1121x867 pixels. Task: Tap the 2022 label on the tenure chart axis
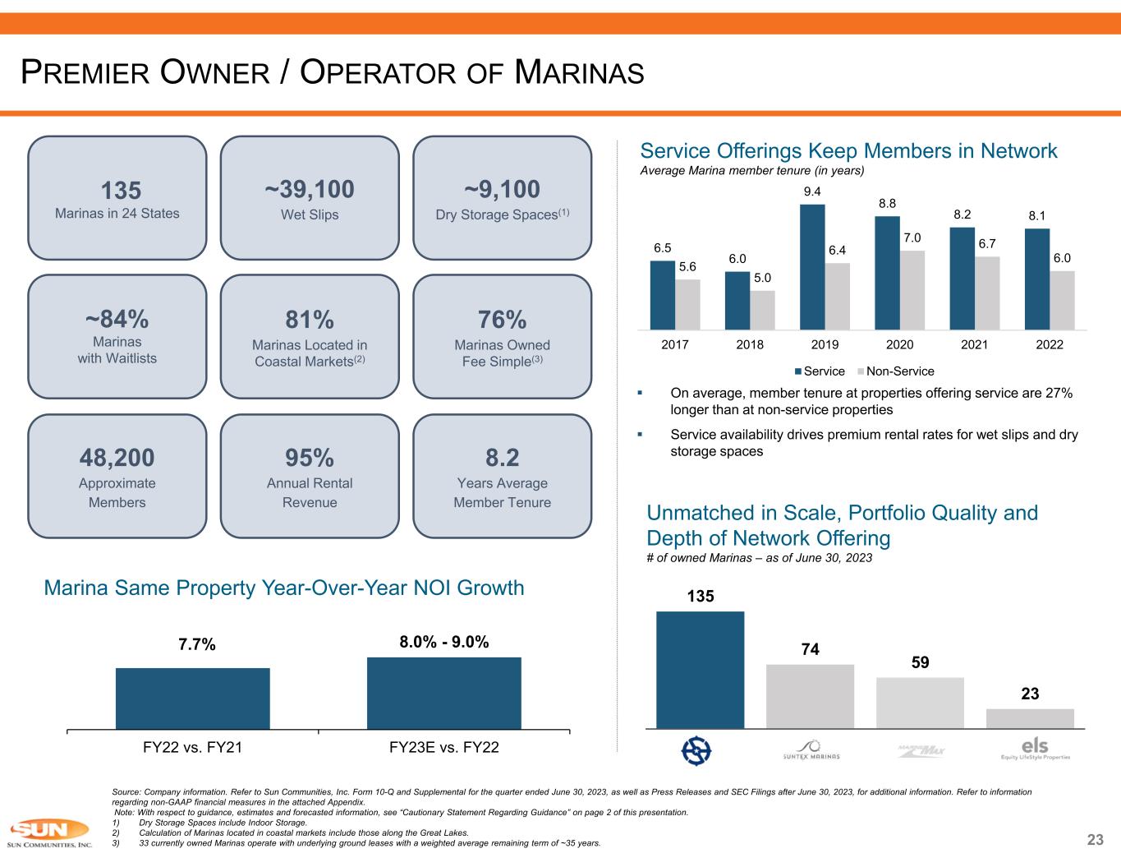point(1050,344)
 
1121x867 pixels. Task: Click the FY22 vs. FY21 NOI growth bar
point(192,698)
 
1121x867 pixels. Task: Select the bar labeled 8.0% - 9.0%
point(443,693)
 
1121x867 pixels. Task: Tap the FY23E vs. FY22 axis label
point(443,748)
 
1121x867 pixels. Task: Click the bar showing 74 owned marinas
point(810,695)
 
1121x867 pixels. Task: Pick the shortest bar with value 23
point(1030,717)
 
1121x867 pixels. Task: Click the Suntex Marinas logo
point(810,749)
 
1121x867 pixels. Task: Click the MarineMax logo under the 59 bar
point(920,749)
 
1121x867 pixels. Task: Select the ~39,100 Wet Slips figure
point(310,190)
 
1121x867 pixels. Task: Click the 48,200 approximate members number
point(117,458)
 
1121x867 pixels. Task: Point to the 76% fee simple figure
point(502,319)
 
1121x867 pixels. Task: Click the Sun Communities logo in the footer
point(49,833)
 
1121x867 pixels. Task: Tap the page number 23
point(1095,840)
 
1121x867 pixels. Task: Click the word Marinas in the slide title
point(579,73)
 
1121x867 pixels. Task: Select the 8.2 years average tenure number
point(502,458)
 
